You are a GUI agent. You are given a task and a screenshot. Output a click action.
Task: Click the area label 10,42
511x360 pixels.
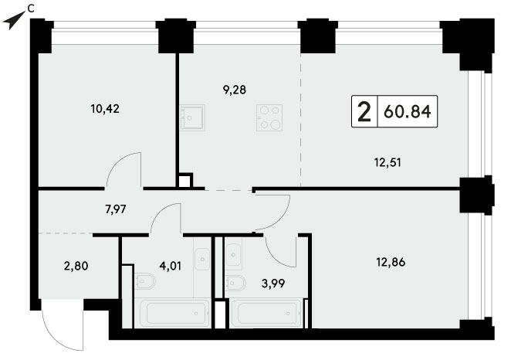(105, 109)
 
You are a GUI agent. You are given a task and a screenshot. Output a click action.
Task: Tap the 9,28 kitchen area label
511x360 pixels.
(235, 90)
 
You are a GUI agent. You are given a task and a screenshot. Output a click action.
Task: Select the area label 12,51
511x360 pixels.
(387, 162)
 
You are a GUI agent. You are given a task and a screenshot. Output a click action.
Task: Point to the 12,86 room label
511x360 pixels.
(391, 262)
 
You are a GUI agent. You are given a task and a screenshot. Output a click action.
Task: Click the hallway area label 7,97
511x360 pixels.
(116, 209)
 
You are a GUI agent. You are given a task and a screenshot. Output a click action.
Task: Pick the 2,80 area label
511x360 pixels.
(76, 266)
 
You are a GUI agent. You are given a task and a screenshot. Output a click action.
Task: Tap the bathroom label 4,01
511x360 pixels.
(170, 266)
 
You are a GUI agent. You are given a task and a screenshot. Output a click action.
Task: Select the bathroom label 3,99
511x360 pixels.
(273, 284)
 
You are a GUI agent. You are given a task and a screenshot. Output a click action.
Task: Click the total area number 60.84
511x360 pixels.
(408, 111)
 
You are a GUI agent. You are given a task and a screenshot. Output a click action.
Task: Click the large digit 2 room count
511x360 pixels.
(364, 111)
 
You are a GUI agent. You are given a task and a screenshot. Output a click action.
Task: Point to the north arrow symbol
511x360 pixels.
(14, 20)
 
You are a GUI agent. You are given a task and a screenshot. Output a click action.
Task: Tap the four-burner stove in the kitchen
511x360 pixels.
(269, 117)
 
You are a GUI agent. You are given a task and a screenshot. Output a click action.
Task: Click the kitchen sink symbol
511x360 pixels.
(193, 117)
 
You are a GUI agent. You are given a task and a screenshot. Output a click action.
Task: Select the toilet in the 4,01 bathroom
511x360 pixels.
(144, 281)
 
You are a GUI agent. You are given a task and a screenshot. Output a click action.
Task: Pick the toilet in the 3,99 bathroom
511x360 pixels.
(235, 283)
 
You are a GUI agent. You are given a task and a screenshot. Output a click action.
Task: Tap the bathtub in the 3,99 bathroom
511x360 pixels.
(266, 314)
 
